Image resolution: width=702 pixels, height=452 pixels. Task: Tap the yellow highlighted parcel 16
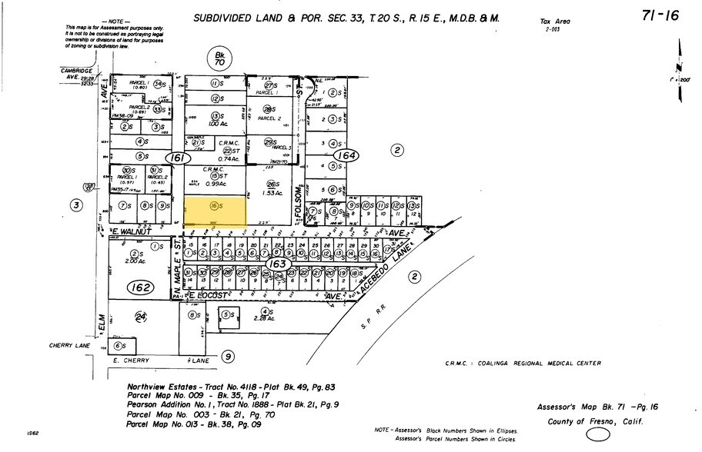tap(216, 207)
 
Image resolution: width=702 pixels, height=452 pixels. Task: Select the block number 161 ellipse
tap(179, 158)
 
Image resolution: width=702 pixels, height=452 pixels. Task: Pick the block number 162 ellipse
tap(140, 288)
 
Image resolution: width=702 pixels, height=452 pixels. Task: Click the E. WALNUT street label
tap(130, 231)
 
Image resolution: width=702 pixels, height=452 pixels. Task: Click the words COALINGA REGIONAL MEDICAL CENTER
tap(543, 364)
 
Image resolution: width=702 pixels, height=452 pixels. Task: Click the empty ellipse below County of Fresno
tap(599, 436)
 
